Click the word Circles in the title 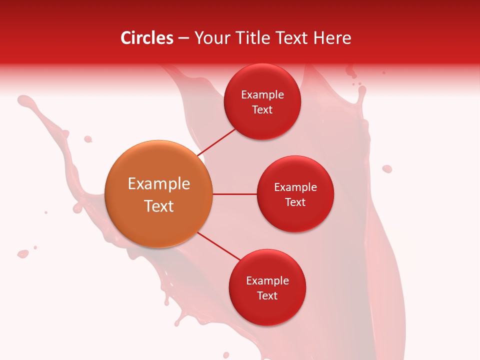pyautogui.click(x=147, y=38)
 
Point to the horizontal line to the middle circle pyautogui.click(x=235, y=194)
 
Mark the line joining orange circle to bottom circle pyautogui.click(x=219, y=246)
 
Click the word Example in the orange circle pyautogui.click(x=159, y=184)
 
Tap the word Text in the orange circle pyautogui.click(x=159, y=206)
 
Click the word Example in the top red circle pyautogui.click(x=262, y=95)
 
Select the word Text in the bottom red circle pyautogui.click(x=267, y=295)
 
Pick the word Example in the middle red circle pyautogui.click(x=295, y=187)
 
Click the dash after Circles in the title pyautogui.click(x=183, y=38)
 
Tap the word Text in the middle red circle pyautogui.click(x=295, y=202)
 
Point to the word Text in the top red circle pyautogui.click(x=262, y=110)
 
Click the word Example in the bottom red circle pyautogui.click(x=267, y=281)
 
